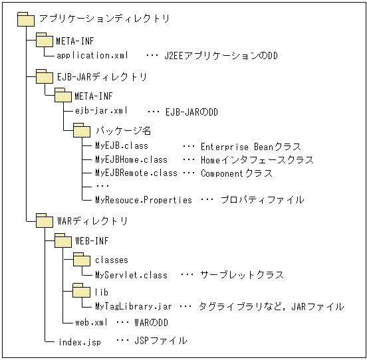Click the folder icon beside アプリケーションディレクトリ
(x=25, y=18)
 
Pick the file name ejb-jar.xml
(x=101, y=111)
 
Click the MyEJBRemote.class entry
(x=136, y=173)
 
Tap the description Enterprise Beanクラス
(x=250, y=146)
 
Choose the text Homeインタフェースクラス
(x=257, y=159)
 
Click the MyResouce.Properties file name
(x=143, y=199)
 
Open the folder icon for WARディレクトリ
(x=44, y=220)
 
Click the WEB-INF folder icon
(x=62, y=239)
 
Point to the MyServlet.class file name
(x=131, y=274)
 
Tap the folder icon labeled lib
(x=81, y=291)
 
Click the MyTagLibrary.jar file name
(x=134, y=306)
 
